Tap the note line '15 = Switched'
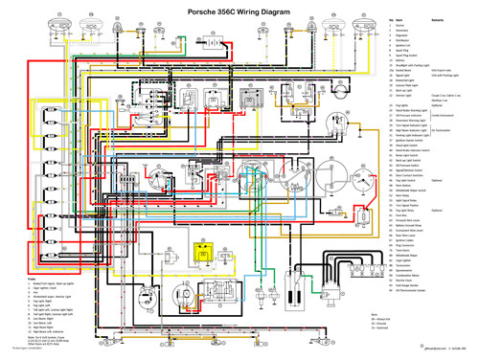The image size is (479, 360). [x=379, y=326]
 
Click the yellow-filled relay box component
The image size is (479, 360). [x=202, y=253]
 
